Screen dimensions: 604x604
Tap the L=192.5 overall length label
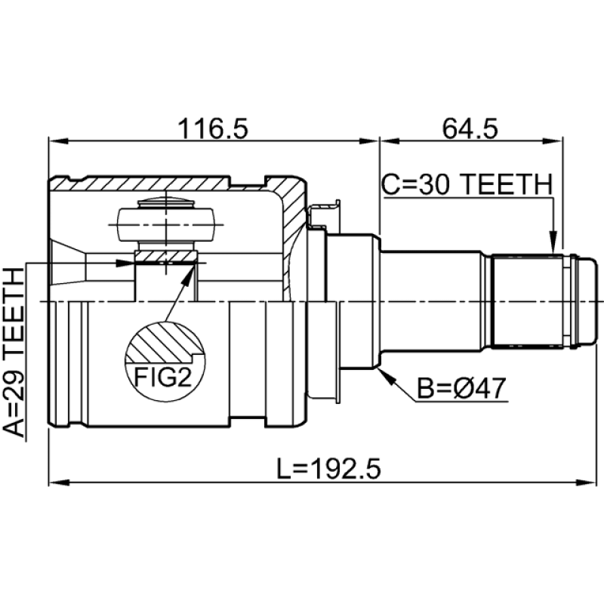coord(329,469)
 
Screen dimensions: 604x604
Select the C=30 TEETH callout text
coord(467,184)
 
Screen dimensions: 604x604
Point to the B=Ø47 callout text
coord(461,388)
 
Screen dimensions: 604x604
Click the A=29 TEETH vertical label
coord(14,352)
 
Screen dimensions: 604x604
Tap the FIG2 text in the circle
coord(162,377)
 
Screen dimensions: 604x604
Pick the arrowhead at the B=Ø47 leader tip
coord(387,377)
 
